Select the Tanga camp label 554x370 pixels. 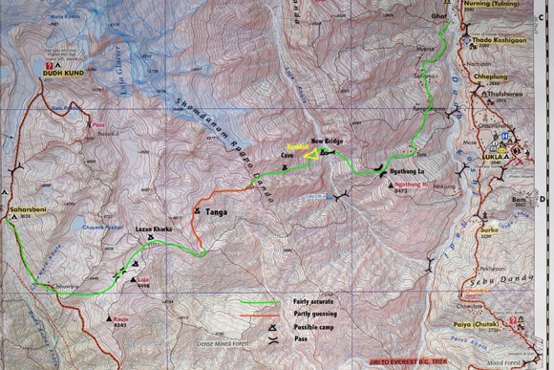tap(217, 211)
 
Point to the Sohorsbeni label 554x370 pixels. tap(25, 207)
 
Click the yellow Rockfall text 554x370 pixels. tap(299, 147)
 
